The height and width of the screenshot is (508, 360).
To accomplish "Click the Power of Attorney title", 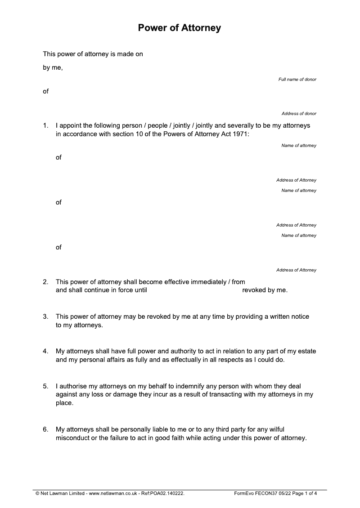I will [x=180, y=28].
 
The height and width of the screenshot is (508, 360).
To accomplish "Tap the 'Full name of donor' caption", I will [x=297, y=80].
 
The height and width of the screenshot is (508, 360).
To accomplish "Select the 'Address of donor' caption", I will [x=299, y=114].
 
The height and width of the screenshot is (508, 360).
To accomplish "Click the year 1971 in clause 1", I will [x=239, y=134].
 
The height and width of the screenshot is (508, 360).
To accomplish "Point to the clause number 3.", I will [x=45, y=316].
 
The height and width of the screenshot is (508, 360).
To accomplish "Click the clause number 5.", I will [x=45, y=386].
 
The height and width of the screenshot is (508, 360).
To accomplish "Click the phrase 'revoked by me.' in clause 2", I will [x=265, y=290].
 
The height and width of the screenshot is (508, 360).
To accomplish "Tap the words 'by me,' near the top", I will [x=53, y=68].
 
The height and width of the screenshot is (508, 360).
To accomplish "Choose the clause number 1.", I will [x=45, y=126].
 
